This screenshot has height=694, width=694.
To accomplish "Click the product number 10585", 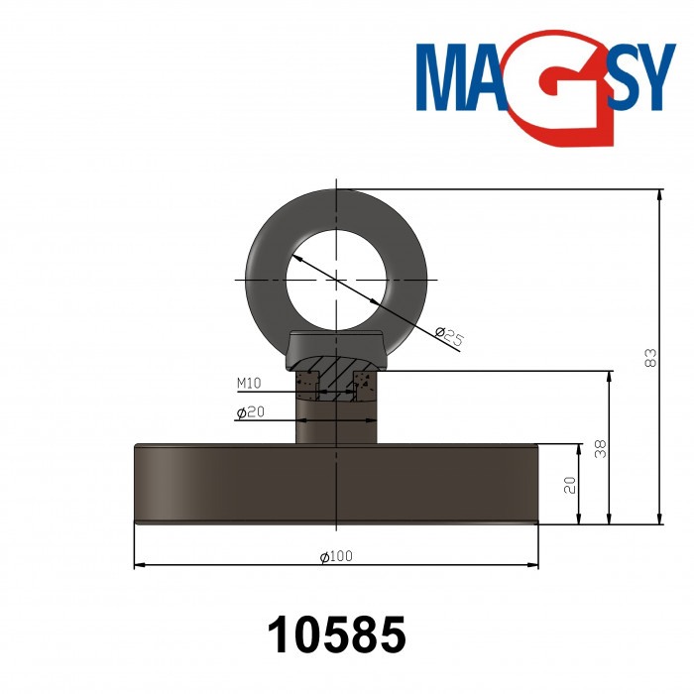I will tap(337, 635).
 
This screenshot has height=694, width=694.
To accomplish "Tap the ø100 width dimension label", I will tap(337, 556).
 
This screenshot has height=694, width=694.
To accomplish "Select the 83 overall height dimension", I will tap(650, 357).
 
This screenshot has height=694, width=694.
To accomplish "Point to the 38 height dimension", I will tap(600, 448).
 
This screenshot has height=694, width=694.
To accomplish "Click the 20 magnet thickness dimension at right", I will tap(569, 484).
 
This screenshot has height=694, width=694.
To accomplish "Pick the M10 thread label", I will tap(249, 383).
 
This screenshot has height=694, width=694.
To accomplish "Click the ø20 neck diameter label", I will tap(249, 412).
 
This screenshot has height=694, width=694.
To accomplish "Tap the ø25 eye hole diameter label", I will tap(451, 337).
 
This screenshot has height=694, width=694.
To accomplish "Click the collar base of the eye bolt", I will tap(337, 349).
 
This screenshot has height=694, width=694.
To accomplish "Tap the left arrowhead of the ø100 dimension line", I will tap(138, 565).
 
